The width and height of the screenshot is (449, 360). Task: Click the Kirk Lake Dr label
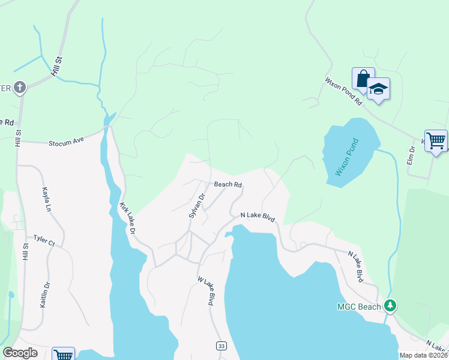(127, 218)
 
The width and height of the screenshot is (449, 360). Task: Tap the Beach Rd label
(228, 185)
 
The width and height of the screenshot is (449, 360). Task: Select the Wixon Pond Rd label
(344, 91)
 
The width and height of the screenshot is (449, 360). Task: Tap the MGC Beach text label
(359, 307)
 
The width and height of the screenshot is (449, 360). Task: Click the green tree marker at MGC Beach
(391, 306)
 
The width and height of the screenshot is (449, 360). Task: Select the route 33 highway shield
(221, 346)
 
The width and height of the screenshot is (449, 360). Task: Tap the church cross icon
(19, 88)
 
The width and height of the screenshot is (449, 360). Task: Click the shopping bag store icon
(363, 79)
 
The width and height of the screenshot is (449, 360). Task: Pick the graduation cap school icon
(378, 89)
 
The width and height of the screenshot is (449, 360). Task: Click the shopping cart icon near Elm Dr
(436, 141)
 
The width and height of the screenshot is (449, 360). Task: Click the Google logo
(20, 353)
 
